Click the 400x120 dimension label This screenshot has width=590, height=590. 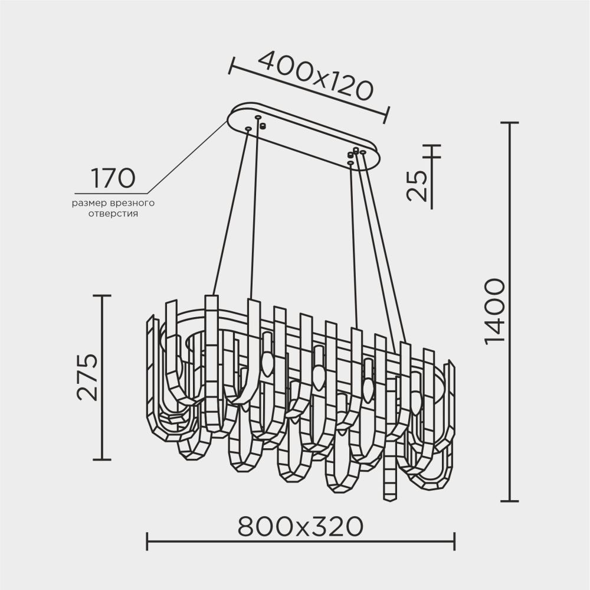[316, 75]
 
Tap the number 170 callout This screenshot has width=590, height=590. [112, 177]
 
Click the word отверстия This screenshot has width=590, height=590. [113, 214]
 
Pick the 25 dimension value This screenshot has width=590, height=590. [417, 185]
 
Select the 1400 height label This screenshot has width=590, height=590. [494, 311]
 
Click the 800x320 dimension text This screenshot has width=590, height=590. [300, 525]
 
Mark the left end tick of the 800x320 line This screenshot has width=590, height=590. [147, 540]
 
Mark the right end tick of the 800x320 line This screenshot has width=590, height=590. [454, 540]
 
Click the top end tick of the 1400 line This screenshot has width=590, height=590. [509, 123]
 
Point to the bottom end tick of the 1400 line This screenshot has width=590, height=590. [509, 501]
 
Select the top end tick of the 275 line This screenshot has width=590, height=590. [103, 295]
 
